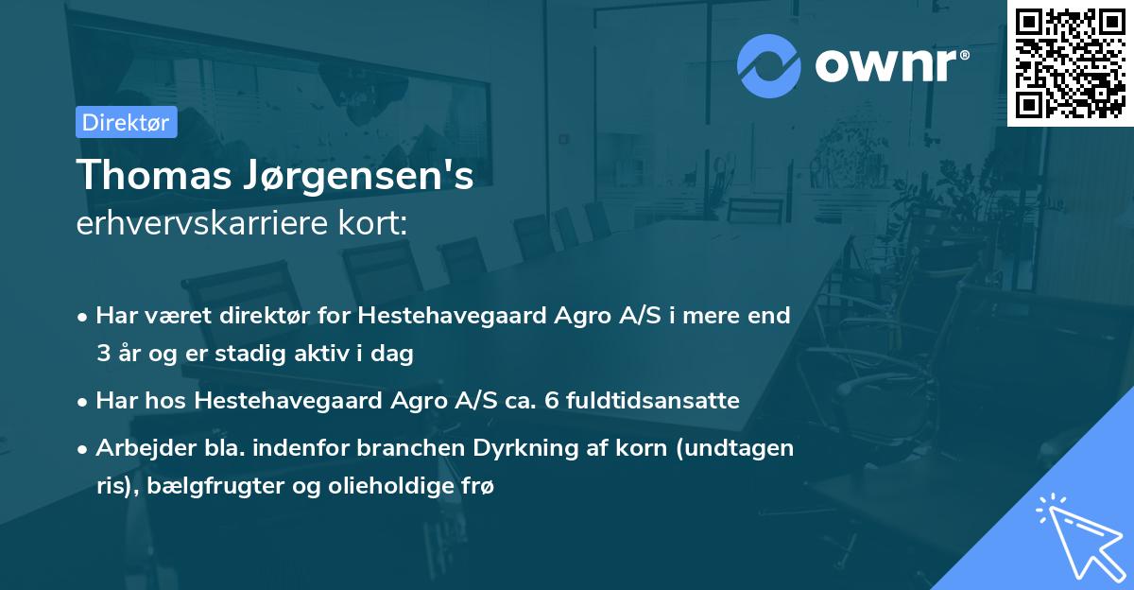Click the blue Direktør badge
click(126, 122)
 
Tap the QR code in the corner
click(1070, 62)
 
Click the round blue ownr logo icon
click(769, 64)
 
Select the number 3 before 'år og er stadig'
click(103, 355)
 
